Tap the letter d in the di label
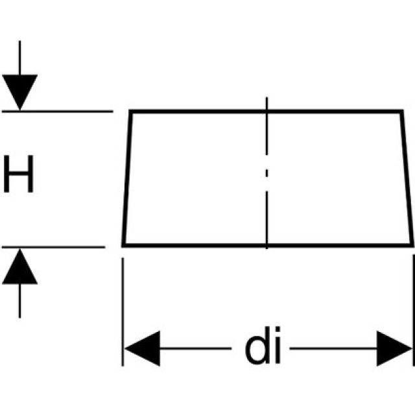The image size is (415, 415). (257, 348)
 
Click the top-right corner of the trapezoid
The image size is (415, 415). (401, 112)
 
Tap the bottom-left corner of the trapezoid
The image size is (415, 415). (123, 244)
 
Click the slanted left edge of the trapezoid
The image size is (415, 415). (127, 178)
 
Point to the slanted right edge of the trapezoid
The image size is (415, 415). (407, 178)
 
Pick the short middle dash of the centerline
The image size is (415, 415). (267, 173)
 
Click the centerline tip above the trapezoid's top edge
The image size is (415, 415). (267, 102)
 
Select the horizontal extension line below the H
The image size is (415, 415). (58, 246)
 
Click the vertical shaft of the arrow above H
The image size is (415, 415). (19, 58)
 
